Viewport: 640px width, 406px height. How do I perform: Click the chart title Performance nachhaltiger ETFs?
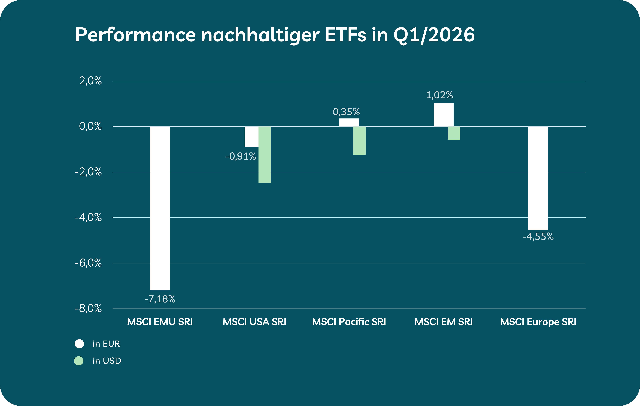[x=275, y=35]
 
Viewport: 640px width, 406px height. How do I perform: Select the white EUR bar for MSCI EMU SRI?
[x=160, y=208]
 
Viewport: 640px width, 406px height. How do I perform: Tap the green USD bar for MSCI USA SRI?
[x=265, y=154]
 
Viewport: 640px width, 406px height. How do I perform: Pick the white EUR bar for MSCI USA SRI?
[x=251, y=137]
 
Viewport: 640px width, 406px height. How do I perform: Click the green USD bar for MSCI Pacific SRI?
[x=359, y=140]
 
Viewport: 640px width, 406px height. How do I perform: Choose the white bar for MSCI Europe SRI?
[x=538, y=178]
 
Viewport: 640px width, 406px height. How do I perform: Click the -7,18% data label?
[x=160, y=299]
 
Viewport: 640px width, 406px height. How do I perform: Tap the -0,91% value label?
[x=241, y=156]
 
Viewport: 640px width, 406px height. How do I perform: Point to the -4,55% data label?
[x=538, y=236]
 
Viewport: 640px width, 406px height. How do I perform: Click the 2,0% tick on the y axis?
[x=90, y=81]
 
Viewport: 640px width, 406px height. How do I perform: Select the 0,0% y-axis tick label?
[x=90, y=126]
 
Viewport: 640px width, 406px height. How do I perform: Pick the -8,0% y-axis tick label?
[x=88, y=308]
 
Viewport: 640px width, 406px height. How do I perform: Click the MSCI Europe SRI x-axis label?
[x=538, y=322]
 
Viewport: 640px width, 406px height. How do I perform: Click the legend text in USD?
[x=107, y=361]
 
